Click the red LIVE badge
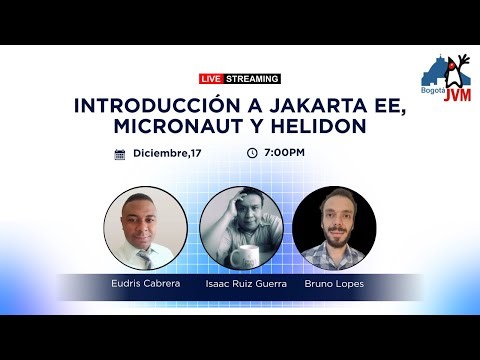point(211,78)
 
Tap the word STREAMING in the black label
point(253,78)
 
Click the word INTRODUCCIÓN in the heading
point(148,106)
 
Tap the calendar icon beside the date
point(120,154)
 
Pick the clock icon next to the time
point(252,153)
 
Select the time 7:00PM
point(284,153)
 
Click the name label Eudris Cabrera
point(145,284)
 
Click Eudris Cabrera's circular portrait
point(145,228)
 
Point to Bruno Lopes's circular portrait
point(334,228)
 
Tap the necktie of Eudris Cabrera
point(146,257)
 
